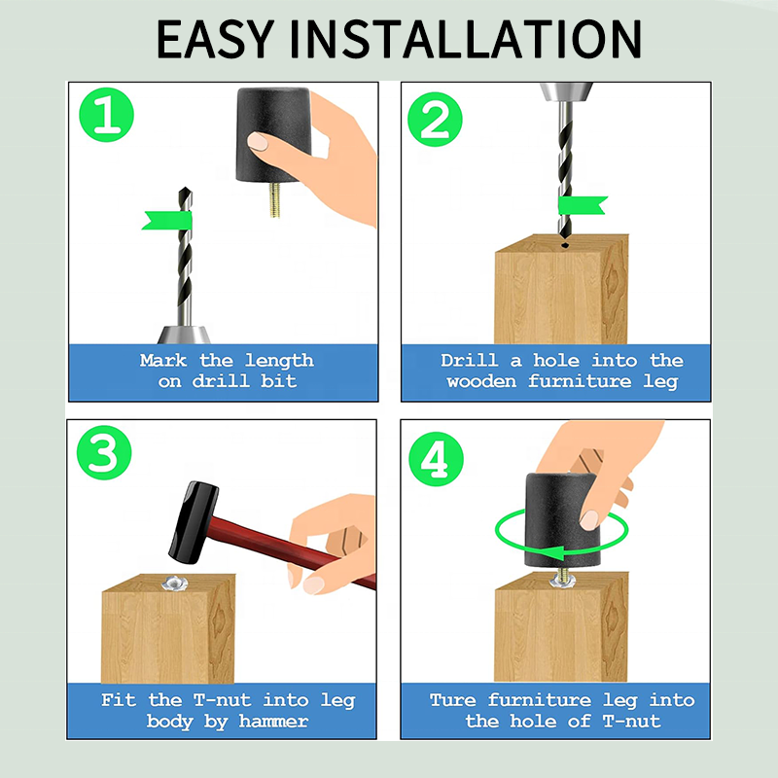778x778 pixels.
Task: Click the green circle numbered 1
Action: (107, 115)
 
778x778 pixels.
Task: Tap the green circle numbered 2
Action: (435, 119)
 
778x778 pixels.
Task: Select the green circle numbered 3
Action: (104, 452)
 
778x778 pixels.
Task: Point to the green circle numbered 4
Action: (436, 459)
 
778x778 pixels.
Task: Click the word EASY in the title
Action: (215, 39)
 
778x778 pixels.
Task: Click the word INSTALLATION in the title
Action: (466, 39)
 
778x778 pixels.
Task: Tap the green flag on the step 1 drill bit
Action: (167, 221)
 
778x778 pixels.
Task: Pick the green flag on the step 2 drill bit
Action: (583, 205)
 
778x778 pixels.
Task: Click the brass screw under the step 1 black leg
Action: (274, 199)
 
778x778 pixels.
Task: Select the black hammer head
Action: (194, 522)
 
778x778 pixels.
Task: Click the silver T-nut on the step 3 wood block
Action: (175, 583)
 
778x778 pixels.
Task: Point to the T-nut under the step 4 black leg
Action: (563, 581)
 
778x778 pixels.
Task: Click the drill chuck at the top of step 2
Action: (566, 91)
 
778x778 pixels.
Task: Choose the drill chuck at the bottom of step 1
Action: (184, 335)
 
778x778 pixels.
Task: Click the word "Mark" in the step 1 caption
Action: (163, 360)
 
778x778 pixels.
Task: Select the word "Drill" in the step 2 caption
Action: (470, 360)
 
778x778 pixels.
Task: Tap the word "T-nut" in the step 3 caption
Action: (223, 700)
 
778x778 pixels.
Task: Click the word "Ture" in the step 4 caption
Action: (453, 700)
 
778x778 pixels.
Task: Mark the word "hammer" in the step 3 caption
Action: (273, 721)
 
